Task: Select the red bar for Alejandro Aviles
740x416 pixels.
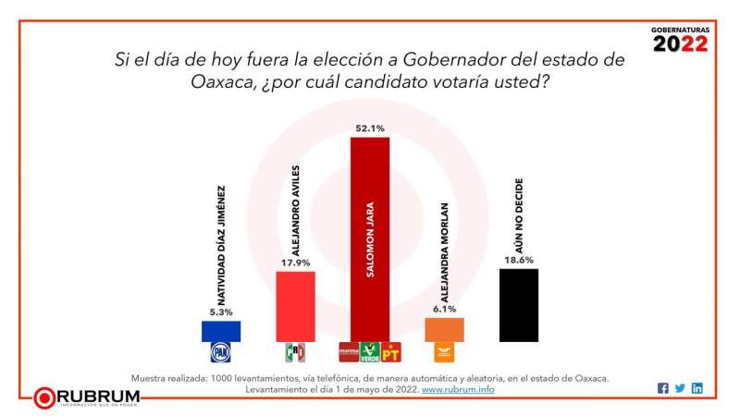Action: click(296, 306)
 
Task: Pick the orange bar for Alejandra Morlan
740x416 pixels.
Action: click(444, 329)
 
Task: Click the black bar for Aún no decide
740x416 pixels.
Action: click(518, 305)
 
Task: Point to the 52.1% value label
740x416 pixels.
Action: click(370, 128)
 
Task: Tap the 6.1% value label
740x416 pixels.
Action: click(444, 309)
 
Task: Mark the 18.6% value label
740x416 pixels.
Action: click(518, 260)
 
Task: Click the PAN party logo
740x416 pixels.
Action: click(220, 352)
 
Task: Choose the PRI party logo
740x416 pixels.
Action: click(295, 352)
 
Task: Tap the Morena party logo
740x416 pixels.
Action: click(349, 352)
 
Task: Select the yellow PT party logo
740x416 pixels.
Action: click(390, 352)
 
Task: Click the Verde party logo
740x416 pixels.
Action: click(370, 352)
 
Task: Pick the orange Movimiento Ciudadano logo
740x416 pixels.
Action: click(444, 352)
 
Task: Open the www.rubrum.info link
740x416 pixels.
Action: click(458, 390)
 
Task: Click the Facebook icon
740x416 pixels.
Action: click(663, 388)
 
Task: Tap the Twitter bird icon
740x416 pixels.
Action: click(680, 388)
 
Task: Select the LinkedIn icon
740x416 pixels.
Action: click(697, 388)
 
